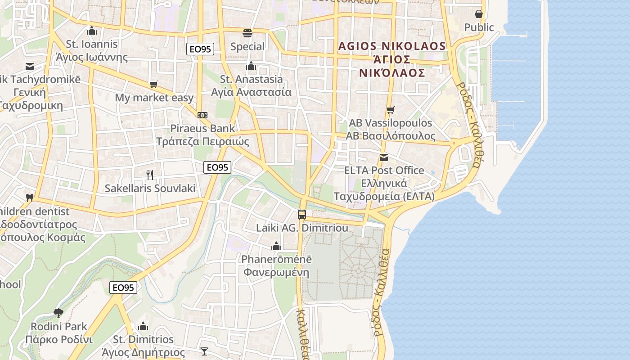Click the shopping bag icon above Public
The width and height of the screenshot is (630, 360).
pyautogui.click(x=479, y=14)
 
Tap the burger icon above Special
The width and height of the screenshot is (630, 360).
pyautogui.click(x=247, y=33)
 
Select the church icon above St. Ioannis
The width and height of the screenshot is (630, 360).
pyautogui.click(x=92, y=31)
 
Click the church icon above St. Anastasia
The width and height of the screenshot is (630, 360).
pyautogui.click(x=251, y=66)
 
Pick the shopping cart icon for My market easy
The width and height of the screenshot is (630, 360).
pyautogui.click(x=154, y=84)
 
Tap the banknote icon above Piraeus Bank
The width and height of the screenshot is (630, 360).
pyautogui.click(x=202, y=115)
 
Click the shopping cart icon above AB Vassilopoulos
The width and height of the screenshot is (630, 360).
pyautogui.click(x=390, y=110)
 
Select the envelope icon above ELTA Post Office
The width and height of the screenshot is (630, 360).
pyautogui.click(x=384, y=157)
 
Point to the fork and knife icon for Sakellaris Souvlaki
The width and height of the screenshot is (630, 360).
pyautogui.click(x=150, y=175)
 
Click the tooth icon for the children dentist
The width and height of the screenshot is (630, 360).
pyautogui.click(x=30, y=198)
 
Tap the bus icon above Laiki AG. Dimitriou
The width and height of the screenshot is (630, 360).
pyautogui.click(x=302, y=215)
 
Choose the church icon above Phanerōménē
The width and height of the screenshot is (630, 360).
pyautogui.click(x=276, y=246)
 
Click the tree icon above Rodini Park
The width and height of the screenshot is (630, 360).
pyautogui.click(x=58, y=313)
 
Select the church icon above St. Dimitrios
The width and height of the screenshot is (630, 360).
pyautogui.click(x=143, y=326)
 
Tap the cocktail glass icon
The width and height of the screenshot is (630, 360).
pyautogui.click(x=204, y=351)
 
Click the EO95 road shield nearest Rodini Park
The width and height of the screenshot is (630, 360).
pyautogui.click(x=123, y=288)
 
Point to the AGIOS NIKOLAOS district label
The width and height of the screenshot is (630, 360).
pyautogui.click(x=391, y=46)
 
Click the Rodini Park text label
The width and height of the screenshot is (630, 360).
pyautogui.click(x=59, y=326)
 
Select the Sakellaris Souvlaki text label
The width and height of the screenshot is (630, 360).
pyautogui.click(x=150, y=188)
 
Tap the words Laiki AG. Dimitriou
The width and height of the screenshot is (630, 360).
pyautogui.click(x=302, y=228)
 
